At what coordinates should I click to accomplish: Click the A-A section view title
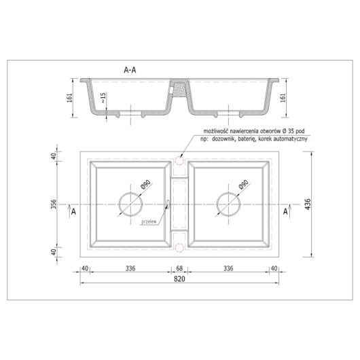pyautogui.click(x=130, y=70)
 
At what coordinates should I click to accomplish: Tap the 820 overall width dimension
pyautogui.click(x=179, y=279)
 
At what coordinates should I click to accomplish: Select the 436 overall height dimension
pyautogui.click(x=308, y=204)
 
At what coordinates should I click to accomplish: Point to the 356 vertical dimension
pyautogui.click(x=53, y=204)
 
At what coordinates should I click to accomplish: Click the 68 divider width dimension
pyautogui.click(x=179, y=268)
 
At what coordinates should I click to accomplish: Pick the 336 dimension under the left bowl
pyautogui.click(x=130, y=268)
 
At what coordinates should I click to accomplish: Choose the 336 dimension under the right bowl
pyautogui.click(x=228, y=268)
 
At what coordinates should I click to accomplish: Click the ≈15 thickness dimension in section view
pyautogui.click(x=103, y=98)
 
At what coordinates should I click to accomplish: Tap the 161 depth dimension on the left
pyautogui.click(x=69, y=98)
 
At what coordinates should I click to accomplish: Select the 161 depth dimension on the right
pyautogui.click(x=283, y=98)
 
